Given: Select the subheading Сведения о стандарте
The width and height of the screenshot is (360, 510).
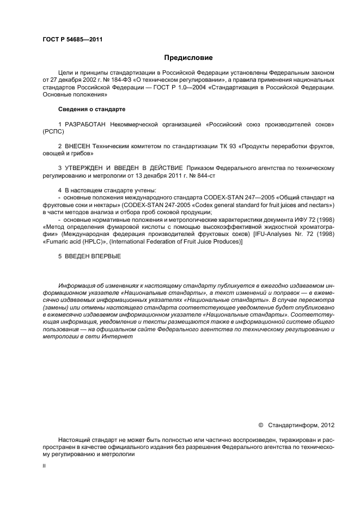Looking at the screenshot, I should [x=91, y=110].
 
